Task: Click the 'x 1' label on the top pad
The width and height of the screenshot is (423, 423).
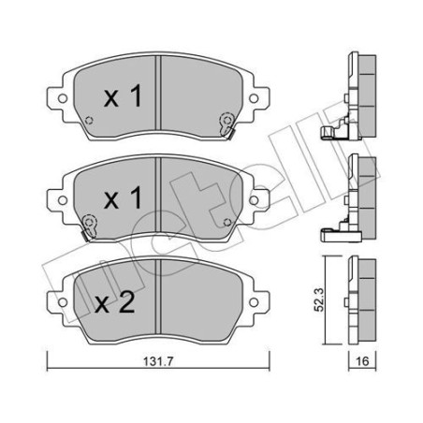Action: (x=123, y=95)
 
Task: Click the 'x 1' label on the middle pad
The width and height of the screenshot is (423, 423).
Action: (x=123, y=199)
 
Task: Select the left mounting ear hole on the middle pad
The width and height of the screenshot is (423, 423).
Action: (x=53, y=197)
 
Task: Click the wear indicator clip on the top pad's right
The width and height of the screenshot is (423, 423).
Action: (x=226, y=122)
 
